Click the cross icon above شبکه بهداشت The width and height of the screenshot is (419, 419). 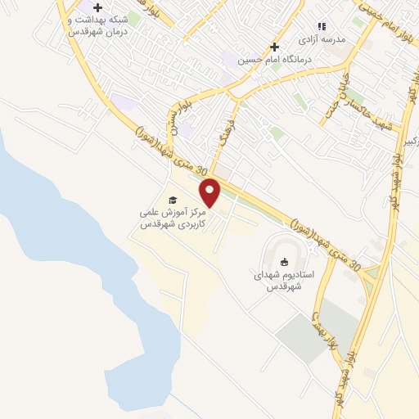click(x=98, y=7)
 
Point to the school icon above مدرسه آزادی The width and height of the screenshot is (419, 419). click(x=322, y=26)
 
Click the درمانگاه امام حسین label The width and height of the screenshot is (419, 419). click(x=264, y=60)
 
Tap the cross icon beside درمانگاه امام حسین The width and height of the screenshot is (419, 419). click(x=275, y=47)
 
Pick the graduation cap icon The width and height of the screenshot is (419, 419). click(x=172, y=200)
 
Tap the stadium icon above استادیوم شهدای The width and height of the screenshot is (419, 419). click(x=284, y=262)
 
